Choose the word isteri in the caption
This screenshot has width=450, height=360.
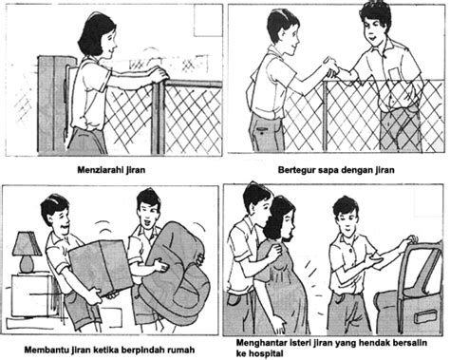[x=296, y=337]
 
